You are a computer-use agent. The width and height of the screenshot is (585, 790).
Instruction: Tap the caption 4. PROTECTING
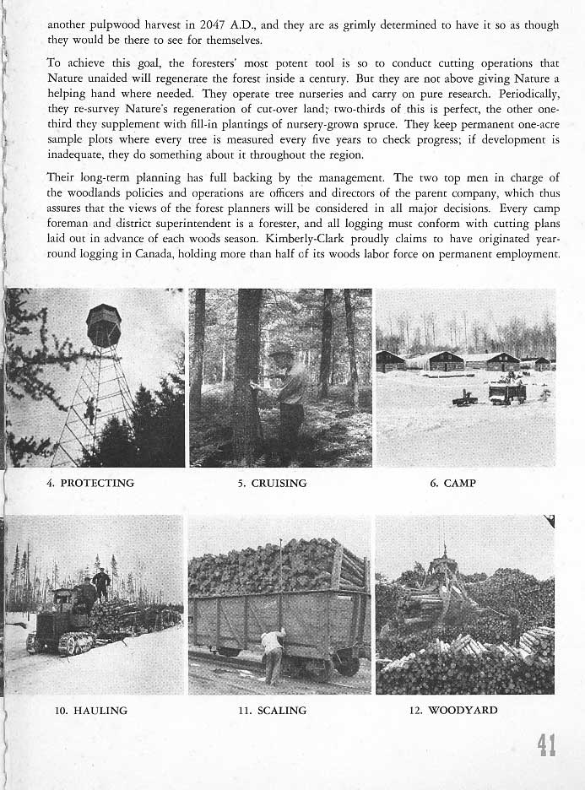[x=91, y=484]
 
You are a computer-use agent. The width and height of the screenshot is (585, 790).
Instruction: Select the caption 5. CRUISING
[x=274, y=484]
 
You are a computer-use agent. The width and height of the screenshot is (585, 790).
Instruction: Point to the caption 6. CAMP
[x=453, y=484]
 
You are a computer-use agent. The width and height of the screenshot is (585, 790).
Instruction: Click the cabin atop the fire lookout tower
[x=104, y=324]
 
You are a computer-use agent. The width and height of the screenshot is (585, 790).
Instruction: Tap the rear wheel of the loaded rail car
[x=348, y=664]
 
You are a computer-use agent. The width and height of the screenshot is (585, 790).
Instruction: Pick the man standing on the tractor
[x=101, y=583]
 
